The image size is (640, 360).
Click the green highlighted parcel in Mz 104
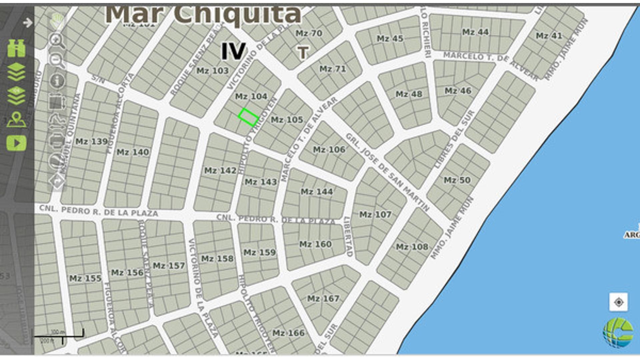[248, 117]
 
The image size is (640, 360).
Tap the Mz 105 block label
[287, 120]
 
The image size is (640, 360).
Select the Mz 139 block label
[91, 142]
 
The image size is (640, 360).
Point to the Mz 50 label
[457, 180]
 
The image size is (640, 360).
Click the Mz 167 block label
[323, 298]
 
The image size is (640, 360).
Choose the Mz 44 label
[475, 32]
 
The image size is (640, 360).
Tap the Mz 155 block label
[85, 278]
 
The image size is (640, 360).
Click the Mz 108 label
[412, 247]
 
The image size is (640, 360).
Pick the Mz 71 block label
[333, 69]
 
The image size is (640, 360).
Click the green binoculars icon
[16, 48]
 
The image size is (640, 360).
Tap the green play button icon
[16, 143]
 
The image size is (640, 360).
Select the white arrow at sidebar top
[28, 23]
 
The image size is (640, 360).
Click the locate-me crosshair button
[619, 302]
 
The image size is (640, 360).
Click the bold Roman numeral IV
[233, 52]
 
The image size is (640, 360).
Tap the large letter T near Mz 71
[303, 53]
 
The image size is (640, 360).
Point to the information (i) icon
[57, 81]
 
